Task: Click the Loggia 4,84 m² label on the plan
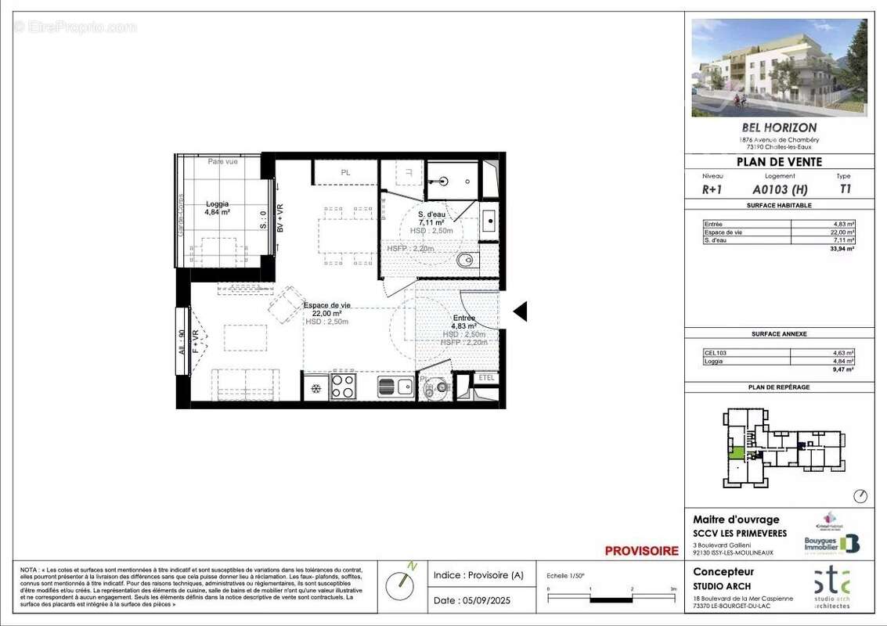(x=211, y=207)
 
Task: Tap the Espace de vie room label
(x=326, y=309)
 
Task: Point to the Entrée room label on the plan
(x=464, y=322)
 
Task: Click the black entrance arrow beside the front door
(x=520, y=312)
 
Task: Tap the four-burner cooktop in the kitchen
(x=344, y=387)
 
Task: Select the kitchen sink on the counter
(x=395, y=387)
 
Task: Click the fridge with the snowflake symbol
(x=315, y=388)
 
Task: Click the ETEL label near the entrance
(x=486, y=378)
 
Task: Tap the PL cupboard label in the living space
(x=345, y=172)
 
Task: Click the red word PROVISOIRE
(x=641, y=551)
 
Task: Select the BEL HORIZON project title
(x=778, y=128)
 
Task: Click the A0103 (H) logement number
(x=780, y=189)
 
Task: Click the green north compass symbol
(x=404, y=581)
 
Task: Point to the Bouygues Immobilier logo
(x=831, y=543)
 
